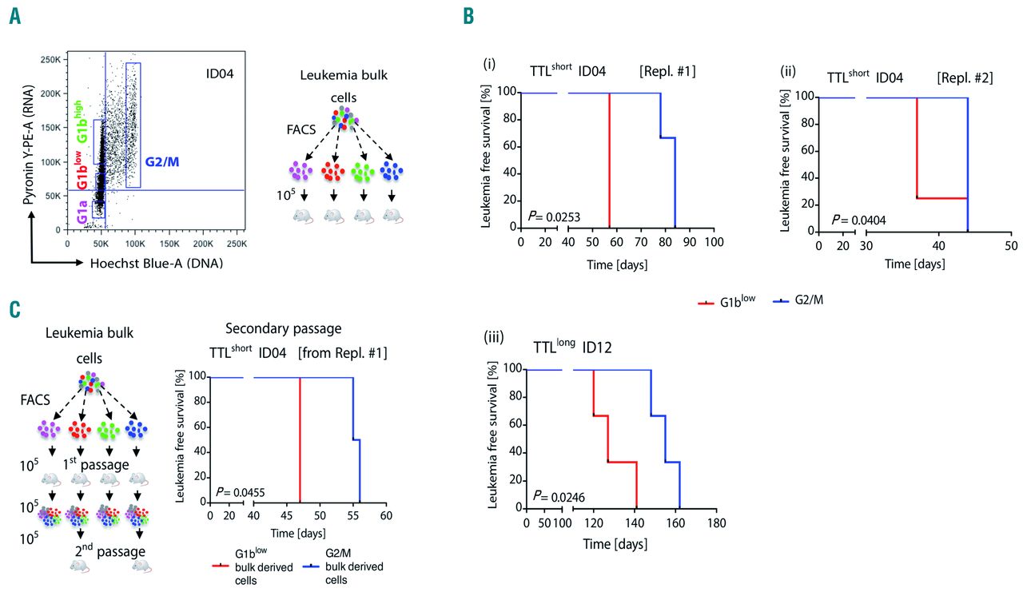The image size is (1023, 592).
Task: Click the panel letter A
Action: tap(14, 16)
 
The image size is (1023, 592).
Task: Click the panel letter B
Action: tap(469, 16)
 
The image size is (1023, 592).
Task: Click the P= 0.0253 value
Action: tap(544, 215)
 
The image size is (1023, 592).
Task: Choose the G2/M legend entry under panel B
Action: tap(794, 303)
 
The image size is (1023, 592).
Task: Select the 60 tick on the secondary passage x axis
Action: tap(386, 516)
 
